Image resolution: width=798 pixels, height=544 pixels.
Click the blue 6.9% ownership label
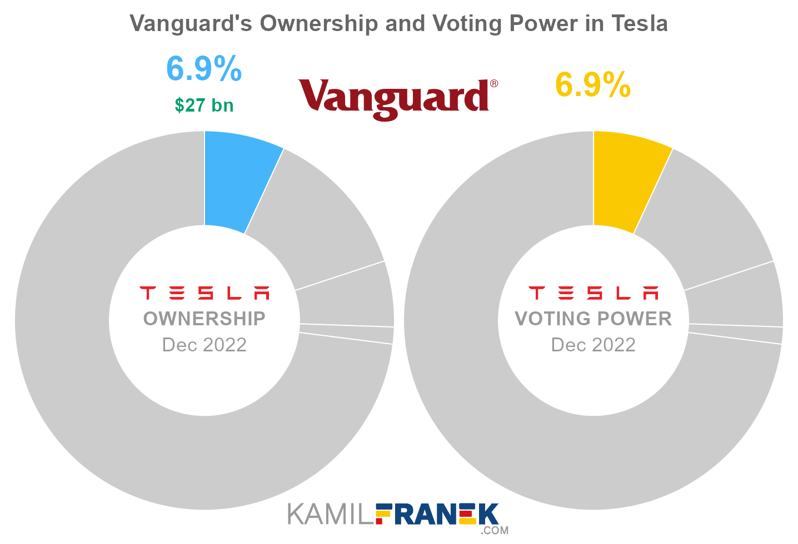tap(204, 69)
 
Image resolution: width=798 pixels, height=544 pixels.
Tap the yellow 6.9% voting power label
tap(593, 85)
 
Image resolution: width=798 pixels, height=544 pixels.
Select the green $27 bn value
tap(204, 105)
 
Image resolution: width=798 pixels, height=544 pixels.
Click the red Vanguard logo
tap(394, 98)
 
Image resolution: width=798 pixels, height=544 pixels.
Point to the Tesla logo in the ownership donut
tap(204, 293)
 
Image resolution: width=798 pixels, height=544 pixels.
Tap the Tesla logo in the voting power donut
tap(593, 293)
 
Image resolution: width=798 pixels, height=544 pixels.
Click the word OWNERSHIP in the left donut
tap(204, 319)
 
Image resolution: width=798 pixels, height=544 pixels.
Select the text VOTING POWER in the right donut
tap(593, 319)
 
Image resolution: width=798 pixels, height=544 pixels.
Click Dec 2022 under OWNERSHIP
tap(204, 345)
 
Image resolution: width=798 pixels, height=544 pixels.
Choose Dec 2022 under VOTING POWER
tap(593, 345)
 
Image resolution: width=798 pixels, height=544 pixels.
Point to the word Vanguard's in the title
tap(191, 23)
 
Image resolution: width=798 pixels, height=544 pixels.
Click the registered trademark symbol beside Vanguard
tap(493, 84)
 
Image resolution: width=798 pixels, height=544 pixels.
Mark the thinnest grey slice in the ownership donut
tap(346, 334)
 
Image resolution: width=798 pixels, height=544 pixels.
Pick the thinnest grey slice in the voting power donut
tap(735, 334)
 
